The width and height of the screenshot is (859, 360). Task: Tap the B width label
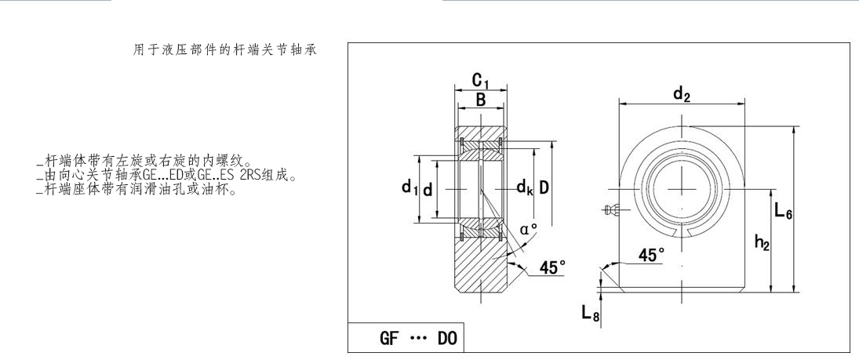click(480, 100)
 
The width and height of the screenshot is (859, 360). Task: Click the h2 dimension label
click(761, 243)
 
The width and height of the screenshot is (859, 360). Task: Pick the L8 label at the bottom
click(590, 313)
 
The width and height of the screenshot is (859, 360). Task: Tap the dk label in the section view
click(525, 187)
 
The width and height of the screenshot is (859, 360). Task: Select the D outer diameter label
click(543, 187)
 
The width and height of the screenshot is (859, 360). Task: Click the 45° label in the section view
click(551, 267)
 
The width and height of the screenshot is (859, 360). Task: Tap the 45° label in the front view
click(650, 255)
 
